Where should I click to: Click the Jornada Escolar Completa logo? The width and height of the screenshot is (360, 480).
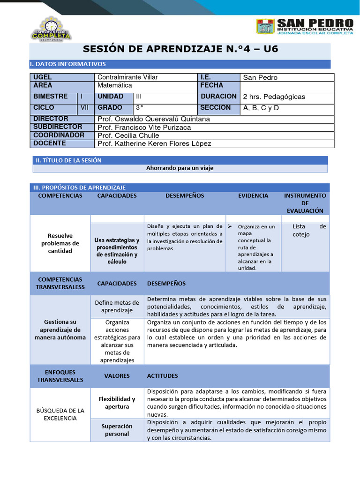[51, 29]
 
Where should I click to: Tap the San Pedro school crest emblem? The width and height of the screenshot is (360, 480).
[265, 27]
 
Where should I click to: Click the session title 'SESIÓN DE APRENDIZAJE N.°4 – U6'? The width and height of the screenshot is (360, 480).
[180, 49]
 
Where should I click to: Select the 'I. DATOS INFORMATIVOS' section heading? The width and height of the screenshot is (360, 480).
[68, 64]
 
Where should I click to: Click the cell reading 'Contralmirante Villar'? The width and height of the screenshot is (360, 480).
[127, 77]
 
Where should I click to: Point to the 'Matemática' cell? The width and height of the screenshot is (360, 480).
[115, 85]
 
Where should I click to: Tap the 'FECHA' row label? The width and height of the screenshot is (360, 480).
[212, 85]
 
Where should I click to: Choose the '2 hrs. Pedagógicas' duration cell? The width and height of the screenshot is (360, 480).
[274, 97]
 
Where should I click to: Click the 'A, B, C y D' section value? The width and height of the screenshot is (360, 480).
[261, 108]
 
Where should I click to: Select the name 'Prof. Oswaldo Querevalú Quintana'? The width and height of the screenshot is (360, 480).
[154, 119]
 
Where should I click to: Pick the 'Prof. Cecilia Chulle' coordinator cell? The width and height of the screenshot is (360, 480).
[128, 135]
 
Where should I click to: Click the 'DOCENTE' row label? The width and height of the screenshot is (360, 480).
[50, 143]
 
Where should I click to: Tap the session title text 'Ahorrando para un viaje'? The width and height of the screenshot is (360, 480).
[180, 168]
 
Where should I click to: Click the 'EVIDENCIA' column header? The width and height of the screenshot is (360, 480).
[253, 195]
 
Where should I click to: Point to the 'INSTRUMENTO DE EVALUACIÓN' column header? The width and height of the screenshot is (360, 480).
[305, 203]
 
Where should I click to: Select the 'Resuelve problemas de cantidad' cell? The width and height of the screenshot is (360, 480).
[60, 243]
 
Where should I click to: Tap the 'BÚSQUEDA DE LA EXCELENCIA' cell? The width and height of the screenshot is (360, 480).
[60, 414]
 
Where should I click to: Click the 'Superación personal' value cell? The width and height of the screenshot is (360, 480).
[117, 430]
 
